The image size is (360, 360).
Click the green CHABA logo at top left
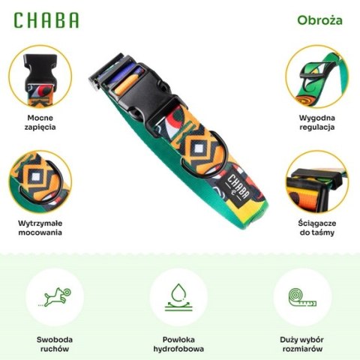(46, 20)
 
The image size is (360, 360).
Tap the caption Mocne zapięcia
(40, 122)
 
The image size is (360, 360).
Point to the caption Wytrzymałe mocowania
(40, 227)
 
